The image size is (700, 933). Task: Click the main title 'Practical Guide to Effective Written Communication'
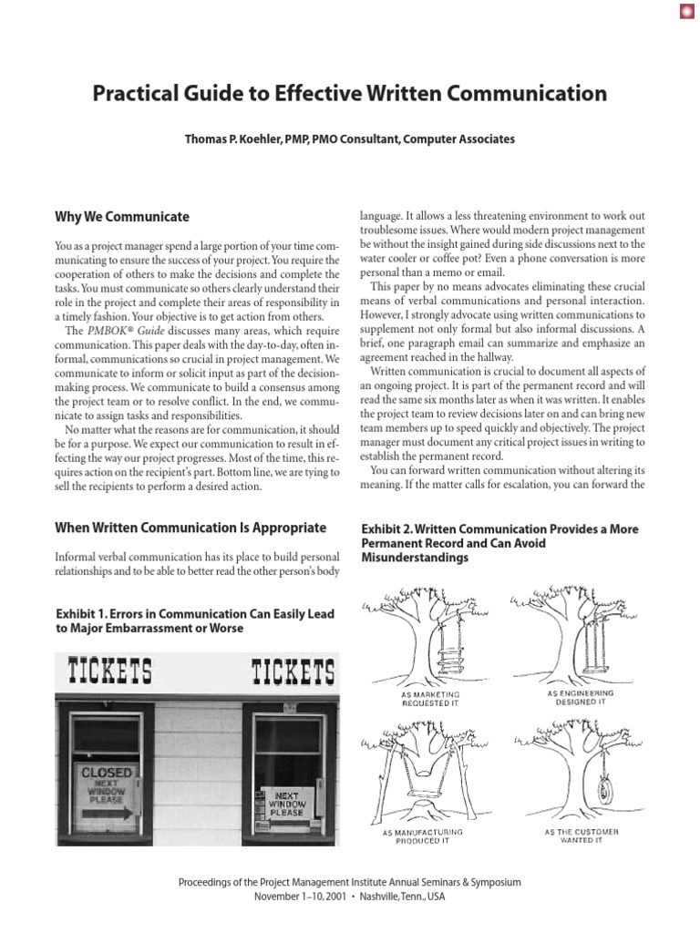[x=350, y=94]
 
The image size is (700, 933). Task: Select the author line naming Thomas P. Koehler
[x=350, y=139]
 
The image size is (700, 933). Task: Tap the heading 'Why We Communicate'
[x=122, y=217]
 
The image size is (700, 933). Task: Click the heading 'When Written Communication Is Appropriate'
[x=190, y=528]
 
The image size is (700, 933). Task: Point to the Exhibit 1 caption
[x=194, y=621]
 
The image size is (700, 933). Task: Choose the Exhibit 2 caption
[x=499, y=543]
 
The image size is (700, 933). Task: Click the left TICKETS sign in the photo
[x=110, y=672]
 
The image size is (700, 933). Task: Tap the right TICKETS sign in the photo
[x=293, y=673]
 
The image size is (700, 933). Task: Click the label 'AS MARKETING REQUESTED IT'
[x=431, y=698]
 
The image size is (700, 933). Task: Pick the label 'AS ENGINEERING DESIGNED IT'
[x=581, y=698]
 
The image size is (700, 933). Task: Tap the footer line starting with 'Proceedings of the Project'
[x=350, y=883]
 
